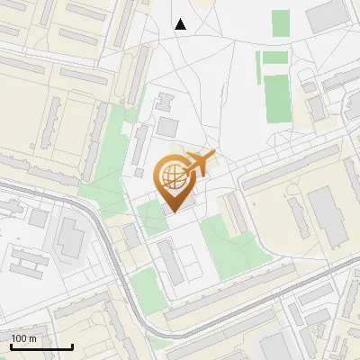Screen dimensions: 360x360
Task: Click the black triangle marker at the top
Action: [x=181, y=24]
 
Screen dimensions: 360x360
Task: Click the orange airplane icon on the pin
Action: [x=201, y=165]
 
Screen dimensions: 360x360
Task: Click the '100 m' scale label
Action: [x=23, y=338]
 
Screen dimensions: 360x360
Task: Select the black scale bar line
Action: [x=41, y=346]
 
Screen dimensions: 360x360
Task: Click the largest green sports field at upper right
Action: [x=277, y=98]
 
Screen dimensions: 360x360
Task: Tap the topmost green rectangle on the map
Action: [x=281, y=23]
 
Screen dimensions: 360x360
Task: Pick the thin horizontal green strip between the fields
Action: [x=275, y=58]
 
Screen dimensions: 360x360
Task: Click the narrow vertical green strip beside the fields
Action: [x=257, y=68]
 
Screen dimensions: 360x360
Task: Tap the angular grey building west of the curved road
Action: [x=68, y=235]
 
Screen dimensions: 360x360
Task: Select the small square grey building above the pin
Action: [x=168, y=127]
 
